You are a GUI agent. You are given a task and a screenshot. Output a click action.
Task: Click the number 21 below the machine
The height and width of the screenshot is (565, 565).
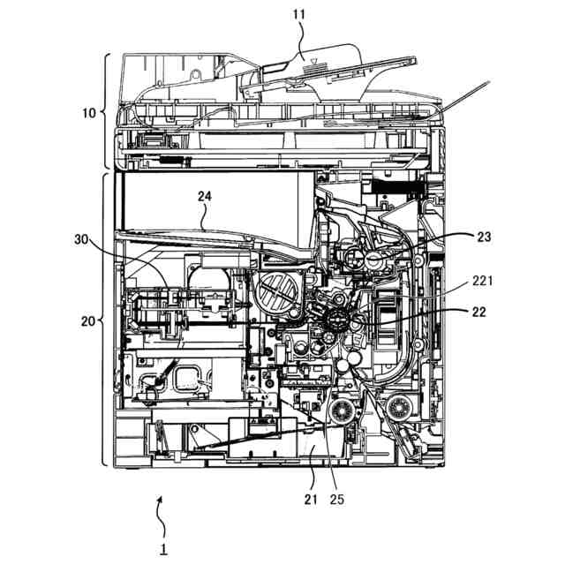pyautogui.click(x=310, y=500)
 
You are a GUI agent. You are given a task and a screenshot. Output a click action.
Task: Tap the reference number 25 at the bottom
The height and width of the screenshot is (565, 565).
pyautogui.click(x=335, y=500)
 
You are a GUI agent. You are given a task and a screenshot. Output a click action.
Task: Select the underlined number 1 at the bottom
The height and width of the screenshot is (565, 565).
pyautogui.click(x=163, y=547)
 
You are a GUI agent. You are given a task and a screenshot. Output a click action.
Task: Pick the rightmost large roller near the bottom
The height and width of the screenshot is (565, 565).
pyautogui.click(x=395, y=409)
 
